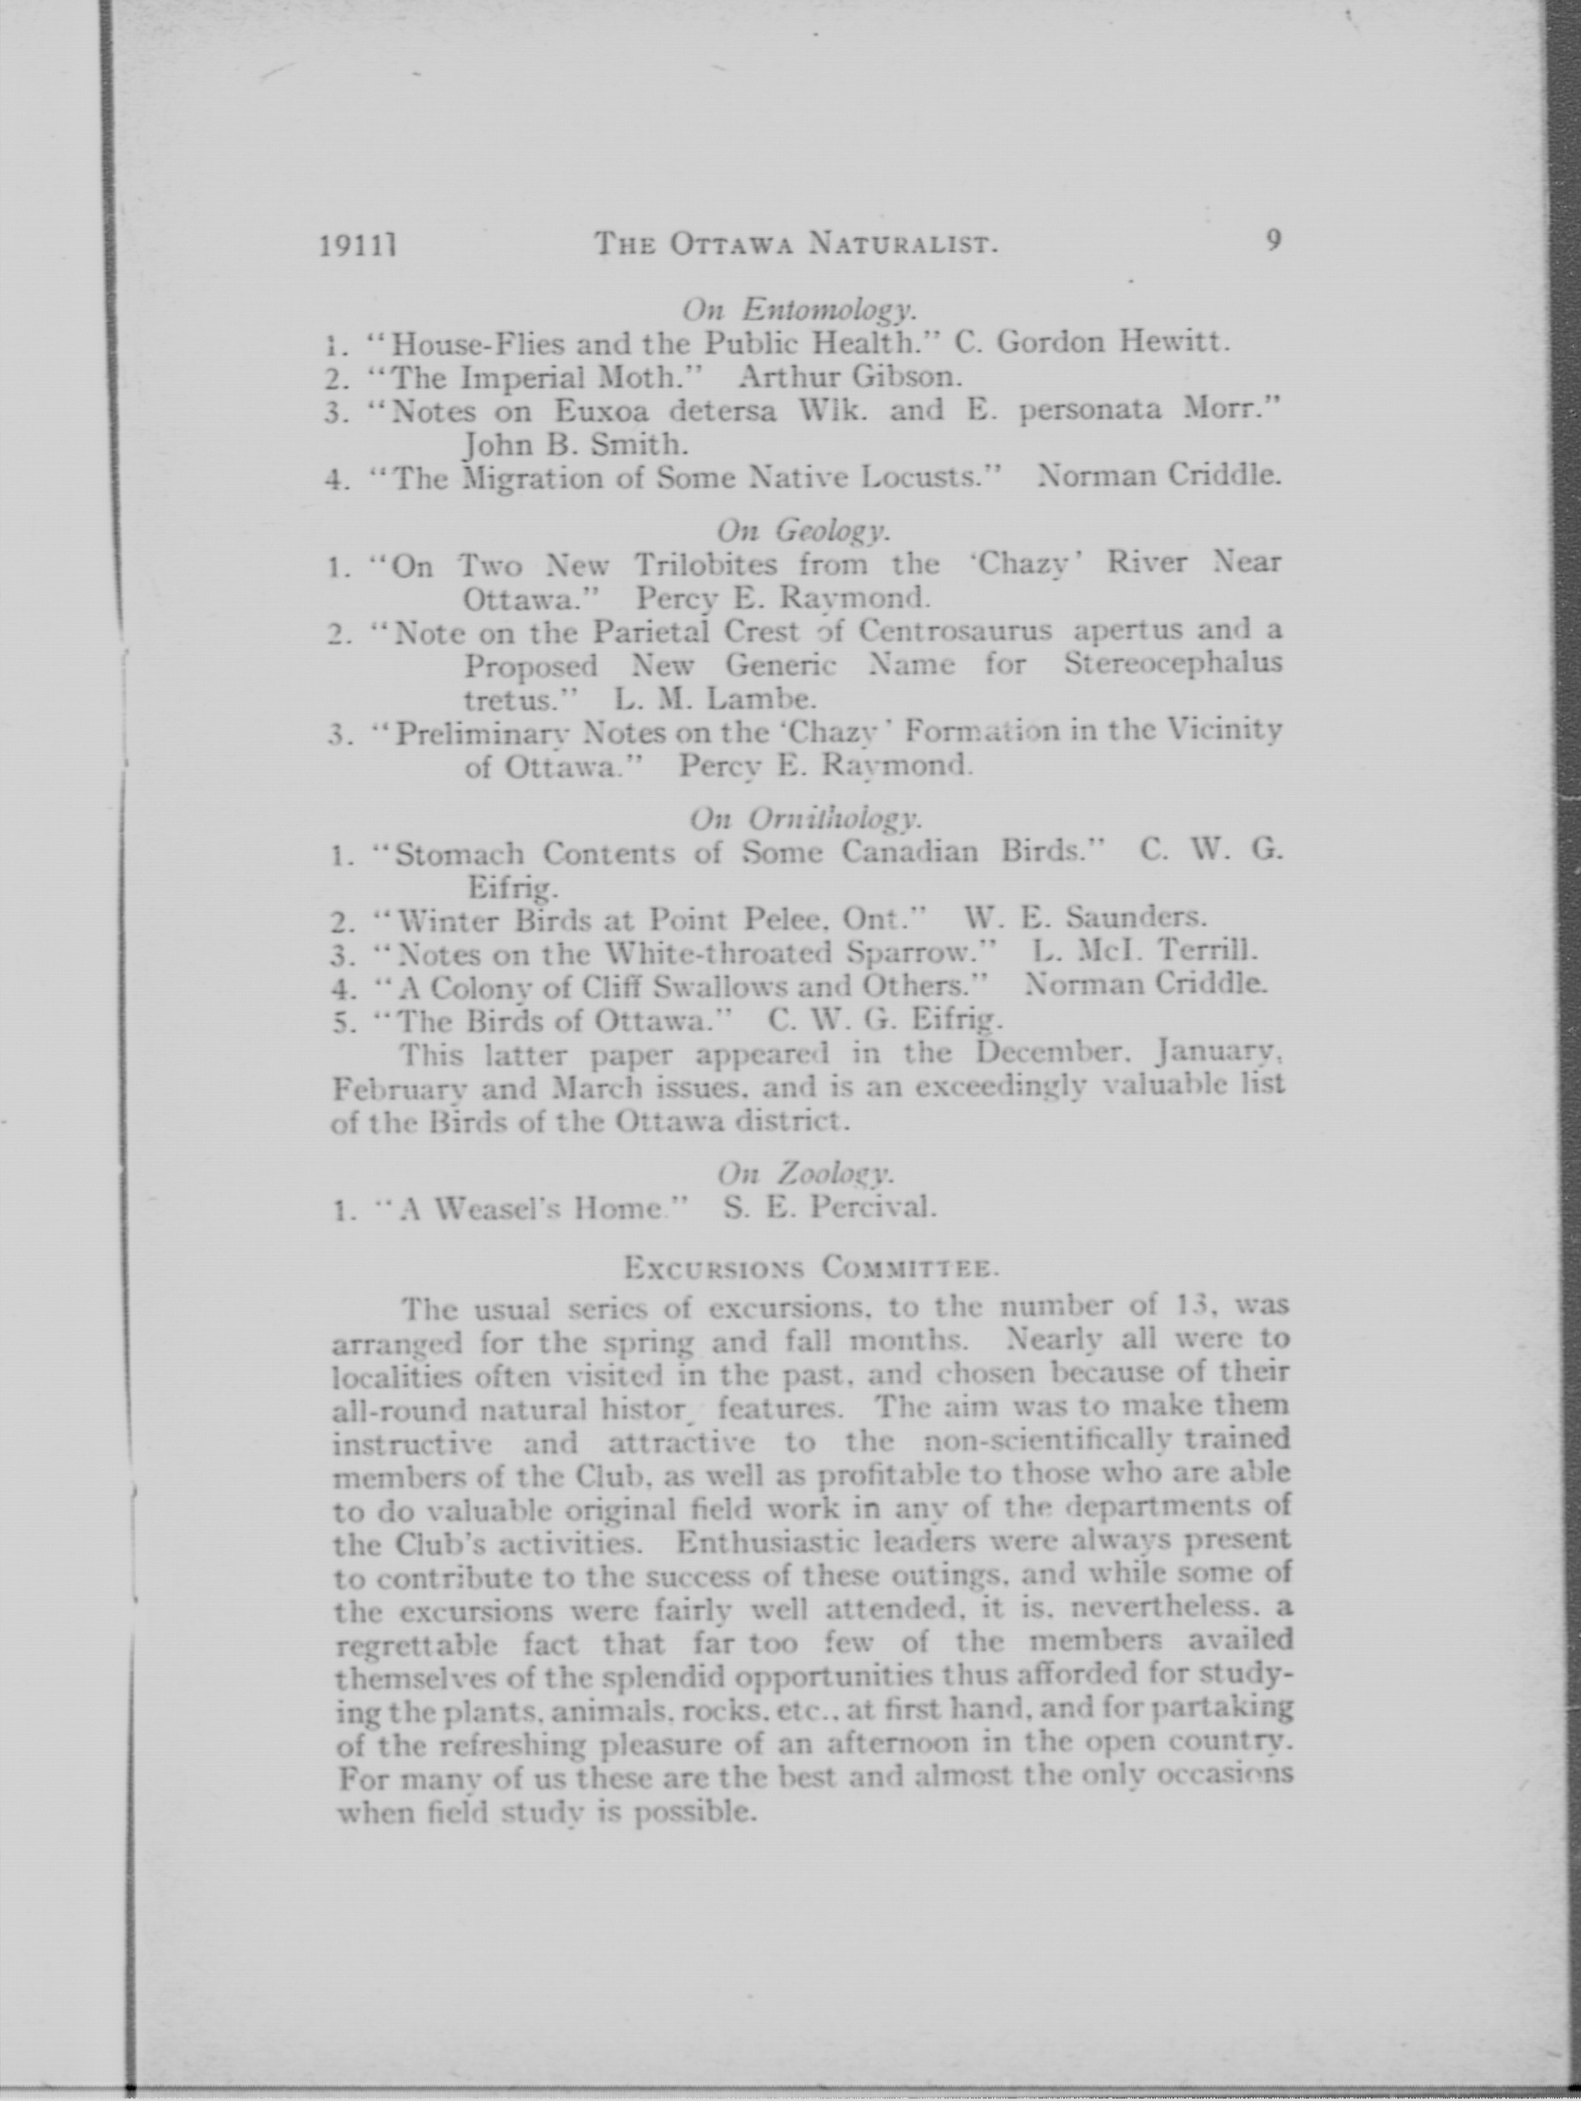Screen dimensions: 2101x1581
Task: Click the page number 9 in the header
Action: [1273, 241]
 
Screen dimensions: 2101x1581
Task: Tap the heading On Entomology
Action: [798, 309]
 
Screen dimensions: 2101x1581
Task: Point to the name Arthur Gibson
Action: [850, 377]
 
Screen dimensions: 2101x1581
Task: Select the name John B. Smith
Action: [575, 444]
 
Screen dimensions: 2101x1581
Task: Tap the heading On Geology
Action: [803, 530]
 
